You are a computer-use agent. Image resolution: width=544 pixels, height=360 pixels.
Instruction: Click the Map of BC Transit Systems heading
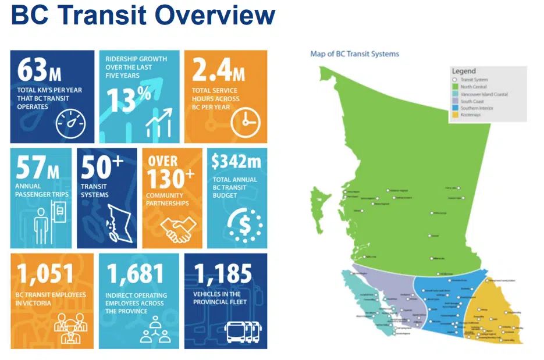[355, 54]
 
